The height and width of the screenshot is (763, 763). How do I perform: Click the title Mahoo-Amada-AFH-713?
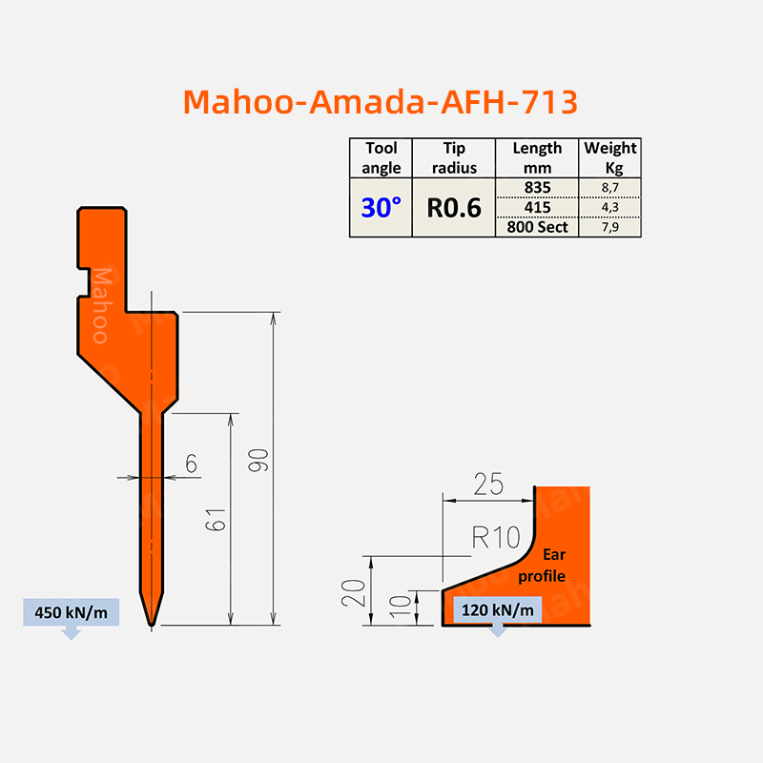[x=380, y=101]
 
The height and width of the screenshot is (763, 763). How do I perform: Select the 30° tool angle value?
[x=381, y=207]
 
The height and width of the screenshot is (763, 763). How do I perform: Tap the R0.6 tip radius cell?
[x=454, y=207]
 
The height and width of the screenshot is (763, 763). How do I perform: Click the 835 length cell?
[x=537, y=187]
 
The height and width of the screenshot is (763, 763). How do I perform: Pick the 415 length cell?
[x=537, y=207]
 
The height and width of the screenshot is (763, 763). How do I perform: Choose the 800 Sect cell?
[x=537, y=227]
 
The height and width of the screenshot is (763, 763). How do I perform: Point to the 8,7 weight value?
[x=610, y=188]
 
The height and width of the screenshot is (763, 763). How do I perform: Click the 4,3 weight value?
[x=610, y=207]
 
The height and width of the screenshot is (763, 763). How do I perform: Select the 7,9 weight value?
[x=610, y=227]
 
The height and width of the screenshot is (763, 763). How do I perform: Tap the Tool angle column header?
[x=381, y=157]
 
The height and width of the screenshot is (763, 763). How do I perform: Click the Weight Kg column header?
[x=610, y=157]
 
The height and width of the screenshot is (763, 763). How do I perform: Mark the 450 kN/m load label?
[x=71, y=612]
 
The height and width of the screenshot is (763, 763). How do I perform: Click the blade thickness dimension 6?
[x=191, y=464]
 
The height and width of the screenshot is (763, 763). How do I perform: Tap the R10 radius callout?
[x=496, y=538]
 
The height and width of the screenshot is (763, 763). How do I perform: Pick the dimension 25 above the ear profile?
[x=487, y=485]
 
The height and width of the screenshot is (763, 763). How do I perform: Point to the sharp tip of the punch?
[x=153, y=625]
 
